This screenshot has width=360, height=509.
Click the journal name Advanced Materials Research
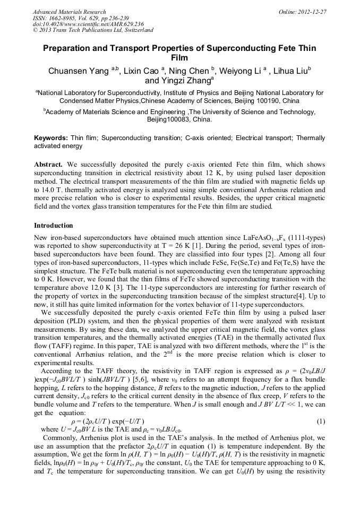pos(69,12)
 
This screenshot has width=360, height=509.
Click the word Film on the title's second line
pos(179,58)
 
